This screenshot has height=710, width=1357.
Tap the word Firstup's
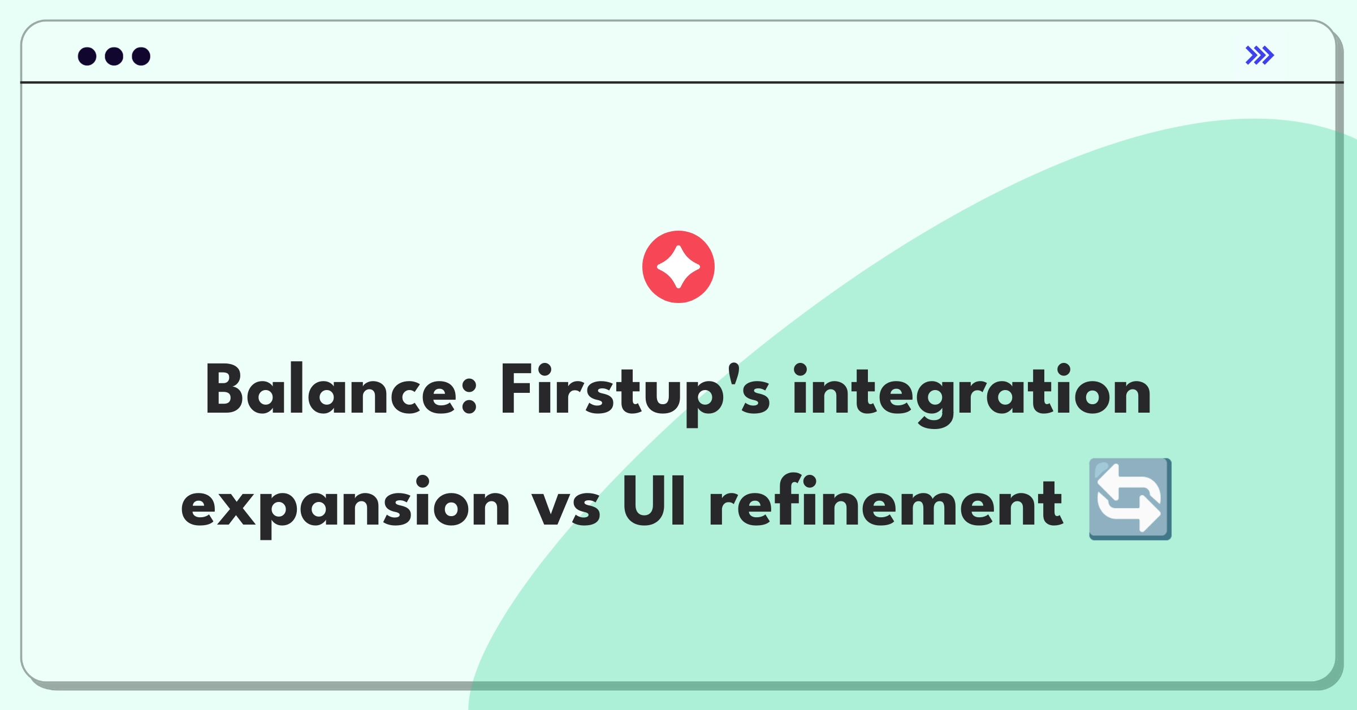tap(635, 393)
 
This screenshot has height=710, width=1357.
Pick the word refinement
tap(885, 500)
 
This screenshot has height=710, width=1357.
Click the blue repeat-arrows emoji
tap(1130, 499)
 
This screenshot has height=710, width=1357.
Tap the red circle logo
tap(678, 267)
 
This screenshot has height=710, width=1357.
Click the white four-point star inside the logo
tap(678, 267)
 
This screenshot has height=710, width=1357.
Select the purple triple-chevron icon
tap(1260, 55)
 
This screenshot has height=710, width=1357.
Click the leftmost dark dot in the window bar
tap(87, 56)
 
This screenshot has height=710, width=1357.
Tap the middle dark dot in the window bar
tap(114, 56)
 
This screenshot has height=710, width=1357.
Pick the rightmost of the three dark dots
tap(141, 56)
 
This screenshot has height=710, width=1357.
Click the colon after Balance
tap(469, 395)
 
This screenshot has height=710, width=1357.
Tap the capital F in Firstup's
tap(517, 389)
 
